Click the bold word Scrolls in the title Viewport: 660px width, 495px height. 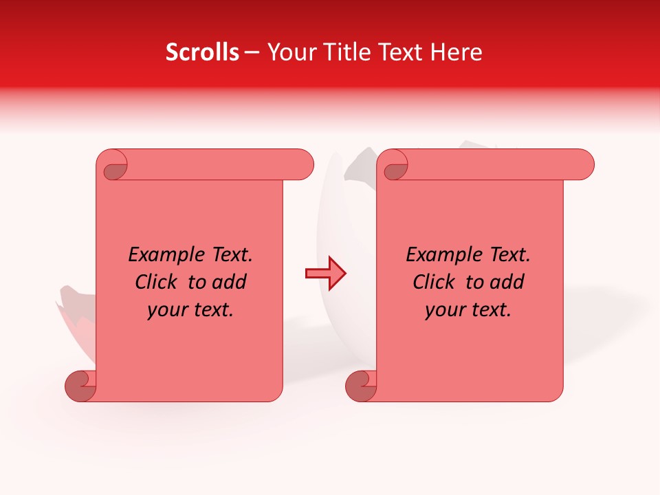202,52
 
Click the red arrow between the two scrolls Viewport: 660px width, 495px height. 326,274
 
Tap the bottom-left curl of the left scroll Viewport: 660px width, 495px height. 81,386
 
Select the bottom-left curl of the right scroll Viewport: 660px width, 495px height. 361,386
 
